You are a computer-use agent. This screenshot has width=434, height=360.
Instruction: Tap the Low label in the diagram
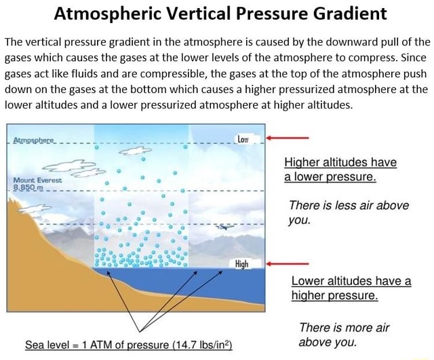[x=244, y=138]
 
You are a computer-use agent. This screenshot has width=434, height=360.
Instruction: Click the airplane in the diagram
[x=222, y=227]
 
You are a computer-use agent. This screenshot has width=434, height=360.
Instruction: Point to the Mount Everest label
[x=38, y=180]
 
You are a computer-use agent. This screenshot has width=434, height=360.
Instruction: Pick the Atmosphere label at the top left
[x=35, y=143]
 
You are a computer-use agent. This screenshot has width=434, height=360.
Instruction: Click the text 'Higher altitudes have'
[x=340, y=163]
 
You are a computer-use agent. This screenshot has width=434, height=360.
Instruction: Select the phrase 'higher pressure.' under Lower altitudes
[x=334, y=296]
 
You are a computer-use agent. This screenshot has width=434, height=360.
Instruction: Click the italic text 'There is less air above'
[x=349, y=205]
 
